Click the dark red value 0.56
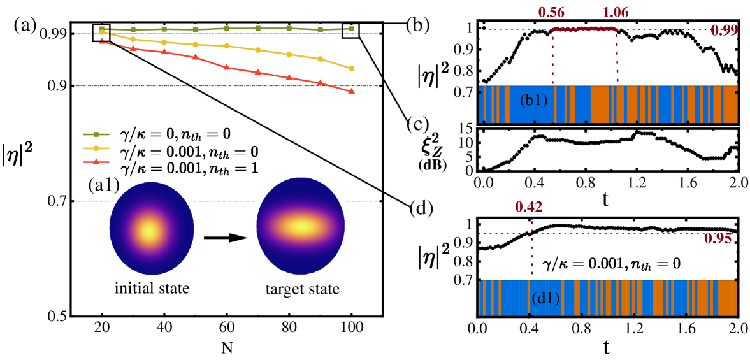[x=552, y=13]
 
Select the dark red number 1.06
[x=615, y=13]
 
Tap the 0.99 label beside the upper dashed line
[x=724, y=31]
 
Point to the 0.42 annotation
[x=528, y=207]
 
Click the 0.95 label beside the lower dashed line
[x=718, y=239]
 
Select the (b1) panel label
[x=533, y=101]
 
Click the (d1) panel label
[x=545, y=298]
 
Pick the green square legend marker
[x=96, y=134]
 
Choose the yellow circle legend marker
[x=96, y=148]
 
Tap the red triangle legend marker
[x=96, y=162]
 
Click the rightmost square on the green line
[x=351, y=29]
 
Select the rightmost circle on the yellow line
[x=351, y=68]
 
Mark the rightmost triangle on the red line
[x=351, y=91]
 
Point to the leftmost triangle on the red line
[x=102, y=40]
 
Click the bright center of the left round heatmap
[x=150, y=231]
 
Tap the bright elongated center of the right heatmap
[x=301, y=226]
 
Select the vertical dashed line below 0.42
[x=531, y=255]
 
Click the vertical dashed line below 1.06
[x=617, y=57]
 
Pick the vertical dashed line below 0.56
[x=552, y=57]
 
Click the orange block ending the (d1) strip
[x=727, y=298]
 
